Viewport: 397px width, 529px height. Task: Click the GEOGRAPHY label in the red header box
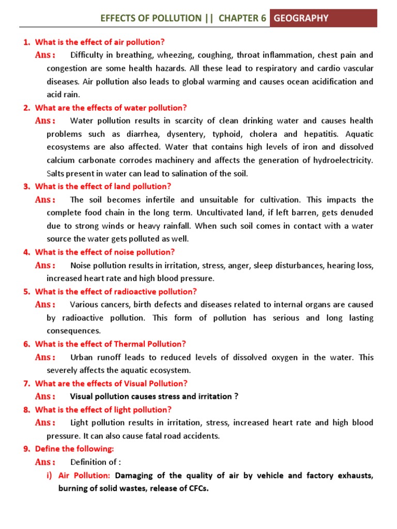(301, 19)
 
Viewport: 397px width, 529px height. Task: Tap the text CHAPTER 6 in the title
(242, 19)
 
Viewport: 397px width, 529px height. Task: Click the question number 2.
(27, 108)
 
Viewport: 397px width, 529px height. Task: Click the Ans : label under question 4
(45, 266)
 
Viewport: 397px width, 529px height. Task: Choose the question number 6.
(27, 344)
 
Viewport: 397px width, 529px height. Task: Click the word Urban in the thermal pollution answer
(81, 357)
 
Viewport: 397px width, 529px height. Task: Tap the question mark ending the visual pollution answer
(236, 397)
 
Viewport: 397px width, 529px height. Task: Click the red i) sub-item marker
(50, 475)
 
